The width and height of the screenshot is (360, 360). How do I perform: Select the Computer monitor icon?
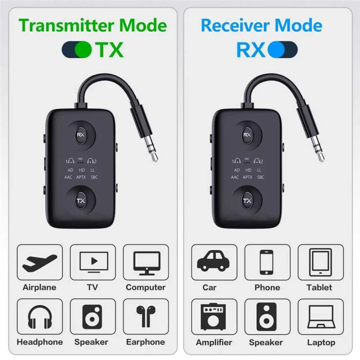coord(145,262)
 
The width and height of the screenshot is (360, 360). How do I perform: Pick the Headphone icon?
coord(40,317)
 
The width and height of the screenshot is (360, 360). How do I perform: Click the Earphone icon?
coord(145,317)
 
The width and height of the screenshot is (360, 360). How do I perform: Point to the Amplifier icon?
coord(213,317)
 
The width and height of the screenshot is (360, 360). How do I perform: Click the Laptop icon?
coord(320,317)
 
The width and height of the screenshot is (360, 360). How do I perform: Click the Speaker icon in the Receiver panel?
coord(267,317)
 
